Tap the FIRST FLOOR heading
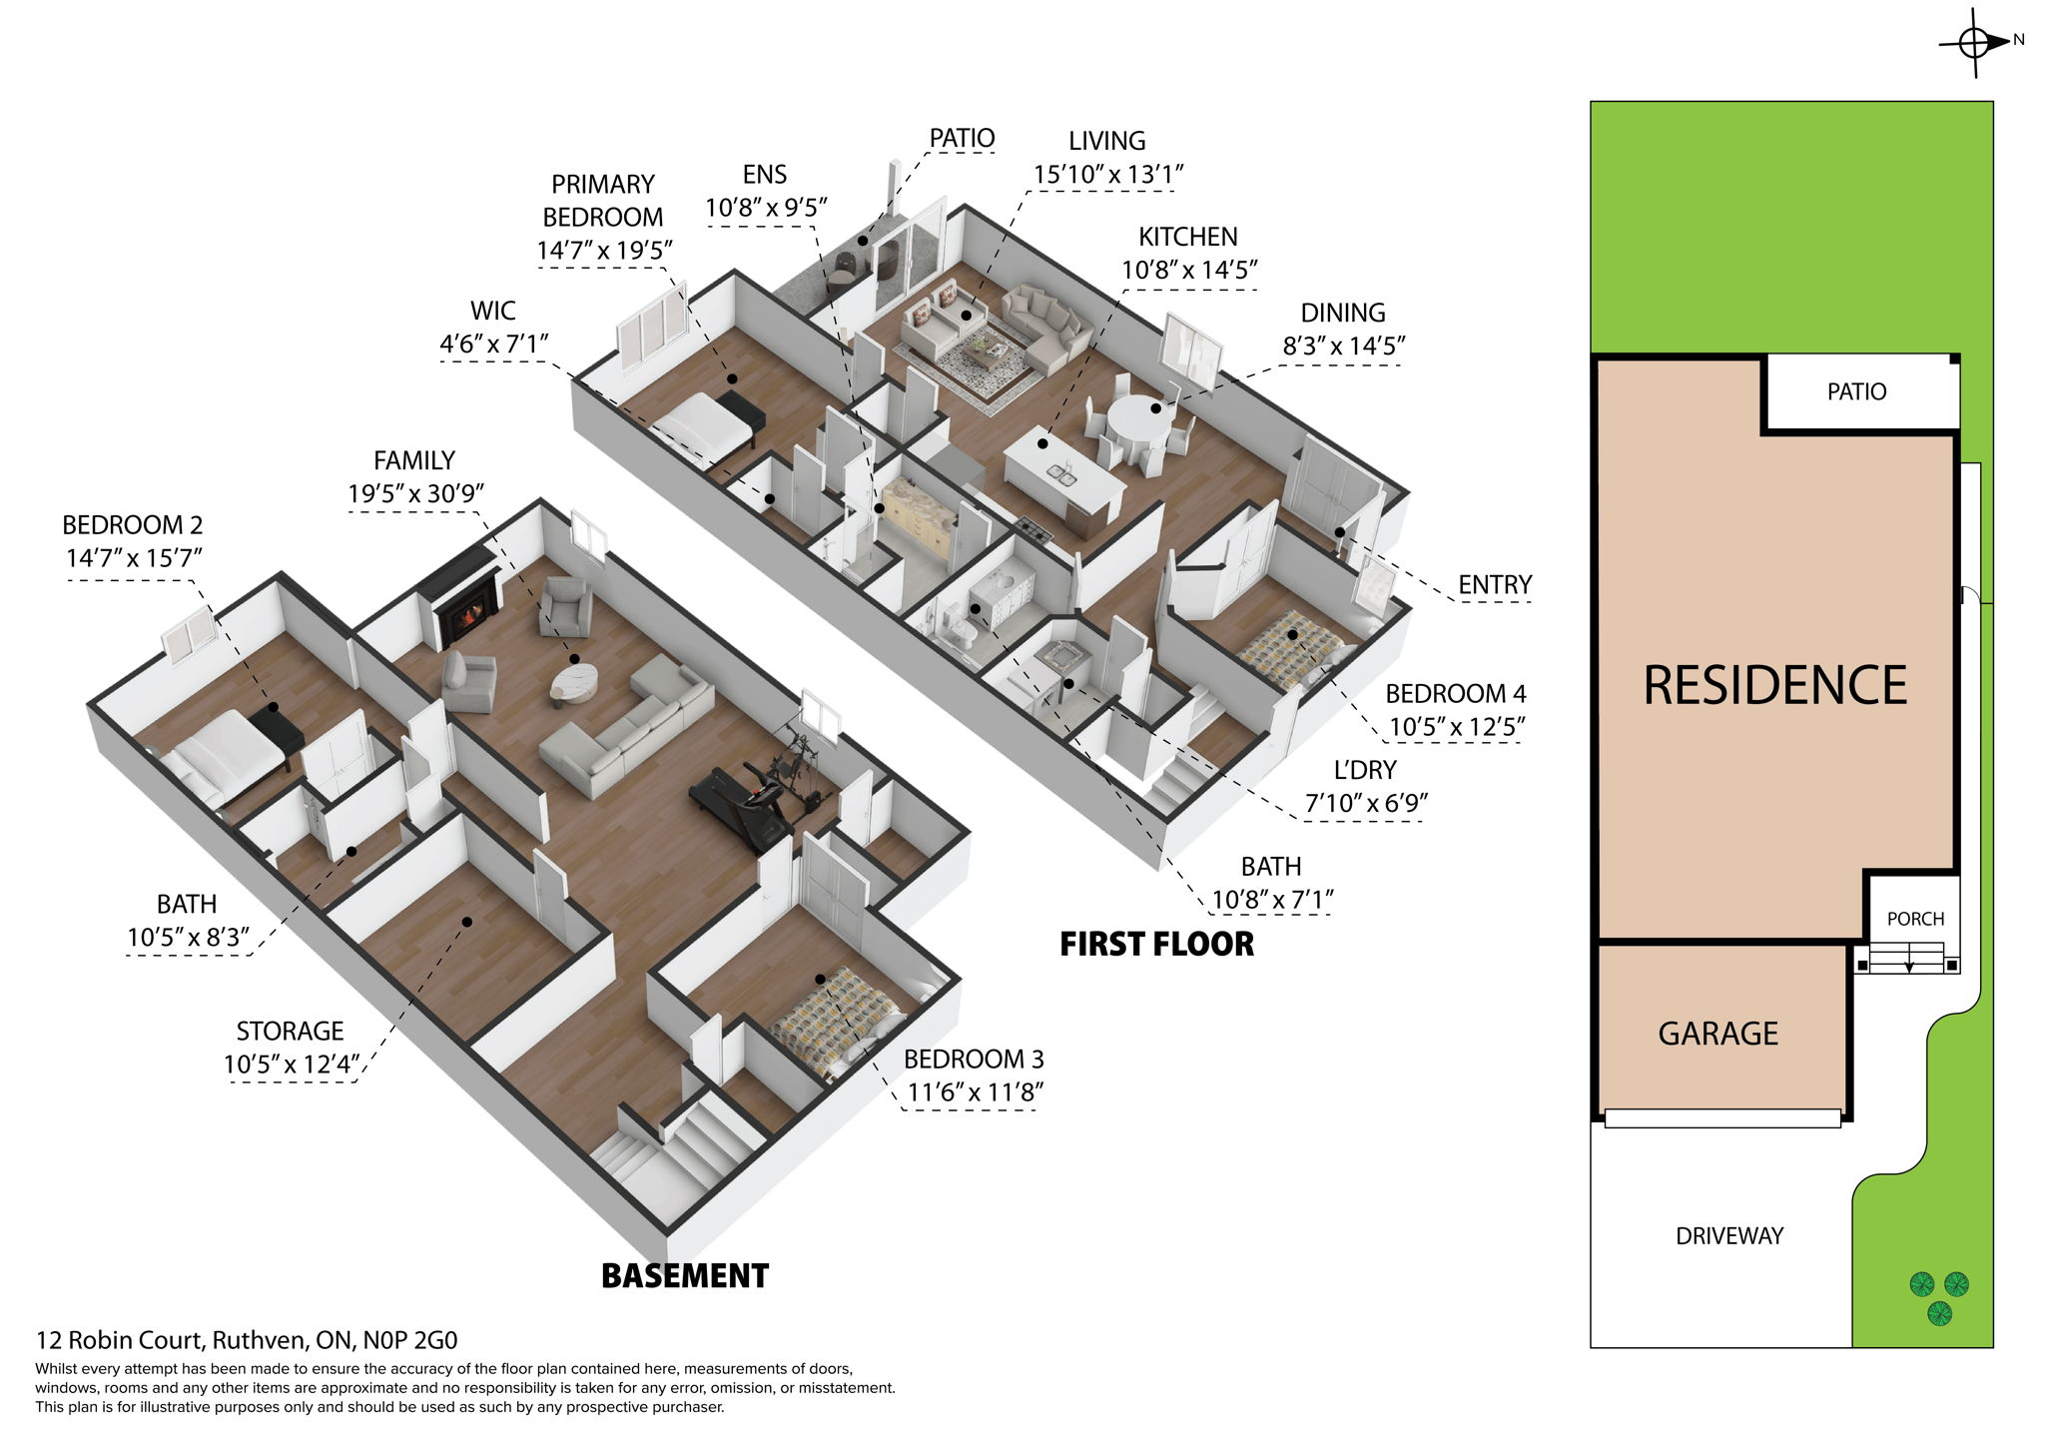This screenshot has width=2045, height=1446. pos(1156,944)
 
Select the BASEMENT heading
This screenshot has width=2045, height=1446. pos(685,1276)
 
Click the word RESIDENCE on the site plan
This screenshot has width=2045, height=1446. pos(1774,686)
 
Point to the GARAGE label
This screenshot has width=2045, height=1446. pos(1717,1034)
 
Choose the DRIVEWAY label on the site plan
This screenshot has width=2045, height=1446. pos(1728,1236)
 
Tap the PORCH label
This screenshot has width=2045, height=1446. pos(1915,919)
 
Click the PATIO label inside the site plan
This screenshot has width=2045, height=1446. pos(1856,391)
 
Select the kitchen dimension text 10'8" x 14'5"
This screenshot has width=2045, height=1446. pos(1188,271)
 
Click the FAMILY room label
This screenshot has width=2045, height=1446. pos(414,460)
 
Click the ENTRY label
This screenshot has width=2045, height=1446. pos(1494,585)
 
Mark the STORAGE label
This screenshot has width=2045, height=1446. pos(290,1031)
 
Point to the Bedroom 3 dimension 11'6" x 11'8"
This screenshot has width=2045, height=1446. pos(975,1092)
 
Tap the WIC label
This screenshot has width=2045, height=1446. pos(493,311)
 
